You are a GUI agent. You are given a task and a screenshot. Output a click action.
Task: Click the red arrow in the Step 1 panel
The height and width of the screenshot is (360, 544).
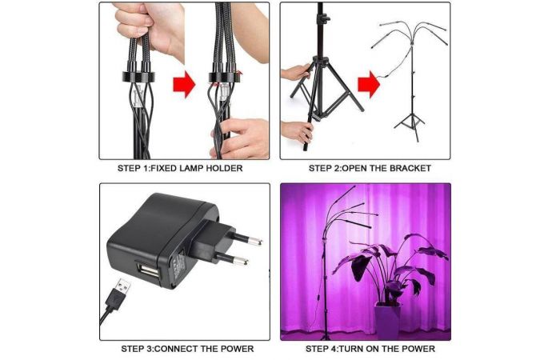184,84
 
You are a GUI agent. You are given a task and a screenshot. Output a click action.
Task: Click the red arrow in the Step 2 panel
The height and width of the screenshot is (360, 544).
369,84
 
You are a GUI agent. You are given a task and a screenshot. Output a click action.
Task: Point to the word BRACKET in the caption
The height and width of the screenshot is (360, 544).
410,169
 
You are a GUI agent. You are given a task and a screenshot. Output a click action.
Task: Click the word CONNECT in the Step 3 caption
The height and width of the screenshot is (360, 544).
173,349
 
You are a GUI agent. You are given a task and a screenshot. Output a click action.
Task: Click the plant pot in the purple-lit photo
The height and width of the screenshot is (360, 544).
387,321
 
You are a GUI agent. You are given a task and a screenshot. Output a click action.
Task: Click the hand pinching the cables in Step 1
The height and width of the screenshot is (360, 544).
240,138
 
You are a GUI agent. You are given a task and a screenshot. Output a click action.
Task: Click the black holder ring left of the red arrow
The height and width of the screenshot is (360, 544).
138,77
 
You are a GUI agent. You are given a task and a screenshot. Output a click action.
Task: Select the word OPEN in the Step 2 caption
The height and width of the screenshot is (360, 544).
353,169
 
